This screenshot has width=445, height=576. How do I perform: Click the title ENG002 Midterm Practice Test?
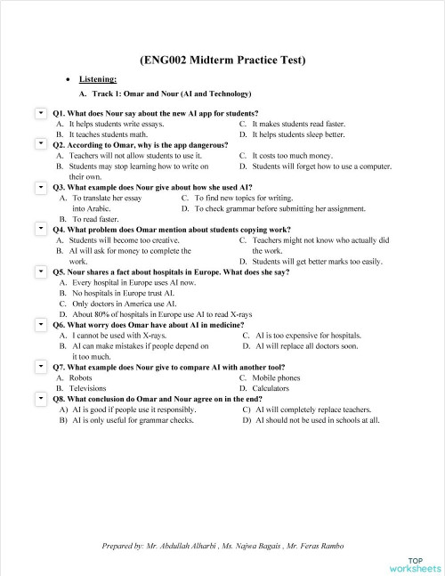pyautogui.click(x=222, y=61)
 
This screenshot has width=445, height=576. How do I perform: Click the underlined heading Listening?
pyautogui.click(x=98, y=79)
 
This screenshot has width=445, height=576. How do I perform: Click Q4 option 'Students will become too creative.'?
pyautogui.click(x=124, y=239)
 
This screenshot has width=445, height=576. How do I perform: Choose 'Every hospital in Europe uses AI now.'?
pyautogui.click(x=133, y=282)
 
